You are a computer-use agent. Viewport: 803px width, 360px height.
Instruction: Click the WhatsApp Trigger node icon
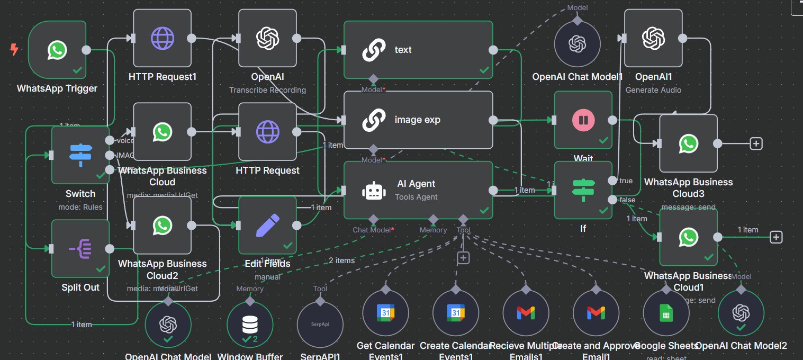57,50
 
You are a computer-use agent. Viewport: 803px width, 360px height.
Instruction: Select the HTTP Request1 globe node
162,39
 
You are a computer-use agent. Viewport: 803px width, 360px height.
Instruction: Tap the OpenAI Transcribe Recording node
267,39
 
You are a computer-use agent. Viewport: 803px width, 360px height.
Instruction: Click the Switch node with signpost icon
80,155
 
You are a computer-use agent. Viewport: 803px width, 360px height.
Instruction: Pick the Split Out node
80,248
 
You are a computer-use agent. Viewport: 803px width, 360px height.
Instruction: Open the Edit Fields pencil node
267,225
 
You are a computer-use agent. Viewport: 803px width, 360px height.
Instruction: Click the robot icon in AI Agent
374,190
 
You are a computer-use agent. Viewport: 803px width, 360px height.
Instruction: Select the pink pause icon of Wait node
583,120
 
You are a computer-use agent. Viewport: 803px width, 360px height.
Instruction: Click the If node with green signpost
583,190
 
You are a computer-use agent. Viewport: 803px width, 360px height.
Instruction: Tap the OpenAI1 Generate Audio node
653,39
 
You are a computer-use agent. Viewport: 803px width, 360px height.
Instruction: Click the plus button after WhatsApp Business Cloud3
756,143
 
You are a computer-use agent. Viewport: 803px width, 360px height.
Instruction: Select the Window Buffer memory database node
250,324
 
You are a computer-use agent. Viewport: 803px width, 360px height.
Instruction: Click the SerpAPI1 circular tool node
320,324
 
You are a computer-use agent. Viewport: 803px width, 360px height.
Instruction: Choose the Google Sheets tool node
666,313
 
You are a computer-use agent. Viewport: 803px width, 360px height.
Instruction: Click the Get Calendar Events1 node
385,313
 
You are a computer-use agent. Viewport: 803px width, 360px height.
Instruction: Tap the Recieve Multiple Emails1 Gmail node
526,313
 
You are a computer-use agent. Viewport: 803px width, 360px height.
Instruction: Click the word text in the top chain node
403,50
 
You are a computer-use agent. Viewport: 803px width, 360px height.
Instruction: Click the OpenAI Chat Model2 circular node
741,313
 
